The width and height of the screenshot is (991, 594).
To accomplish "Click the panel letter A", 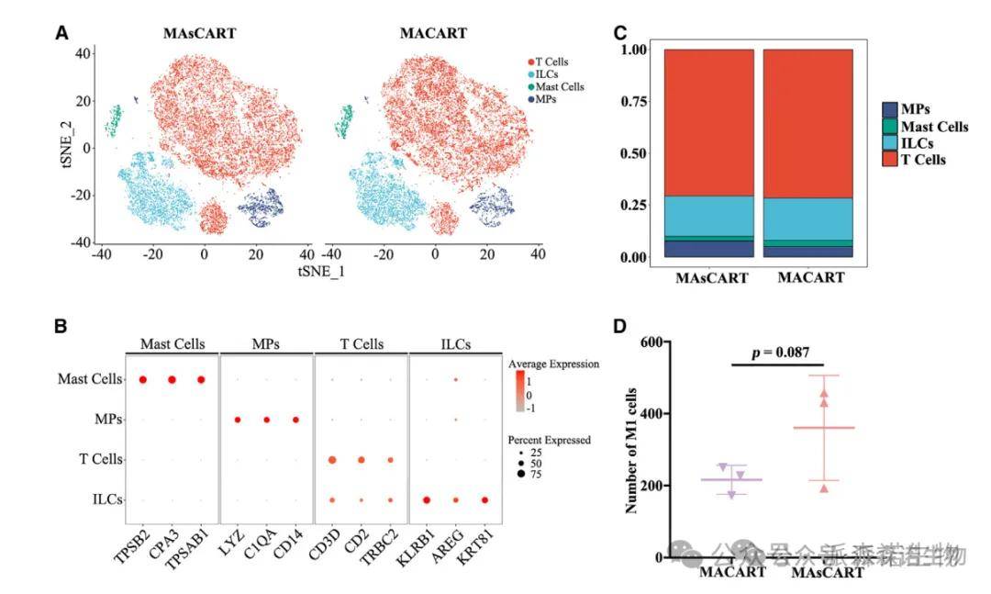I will coord(61,33).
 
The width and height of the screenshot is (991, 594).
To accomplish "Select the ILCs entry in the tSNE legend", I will coord(547,73).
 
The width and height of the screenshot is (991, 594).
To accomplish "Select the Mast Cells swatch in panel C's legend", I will coord(890,127).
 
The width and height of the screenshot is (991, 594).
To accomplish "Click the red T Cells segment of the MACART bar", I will coord(803,124).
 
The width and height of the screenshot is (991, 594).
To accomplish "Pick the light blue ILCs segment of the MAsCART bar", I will coord(709,216).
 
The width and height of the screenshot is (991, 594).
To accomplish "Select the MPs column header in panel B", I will coord(266,344).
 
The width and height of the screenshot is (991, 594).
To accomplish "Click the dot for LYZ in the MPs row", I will coord(238,420).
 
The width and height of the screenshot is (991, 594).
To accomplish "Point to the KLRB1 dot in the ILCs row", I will coord(427,499).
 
